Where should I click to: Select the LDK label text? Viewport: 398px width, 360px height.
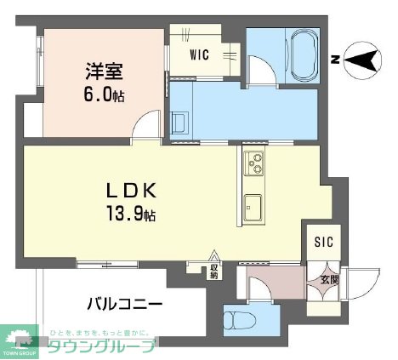(128, 189)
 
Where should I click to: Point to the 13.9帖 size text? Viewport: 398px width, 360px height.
(132, 213)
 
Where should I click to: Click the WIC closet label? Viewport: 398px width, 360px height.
(200, 56)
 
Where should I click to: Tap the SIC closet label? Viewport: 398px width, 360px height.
(324, 242)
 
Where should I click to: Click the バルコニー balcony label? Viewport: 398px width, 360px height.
(124, 303)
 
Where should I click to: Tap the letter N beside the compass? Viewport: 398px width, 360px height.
(336, 59)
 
